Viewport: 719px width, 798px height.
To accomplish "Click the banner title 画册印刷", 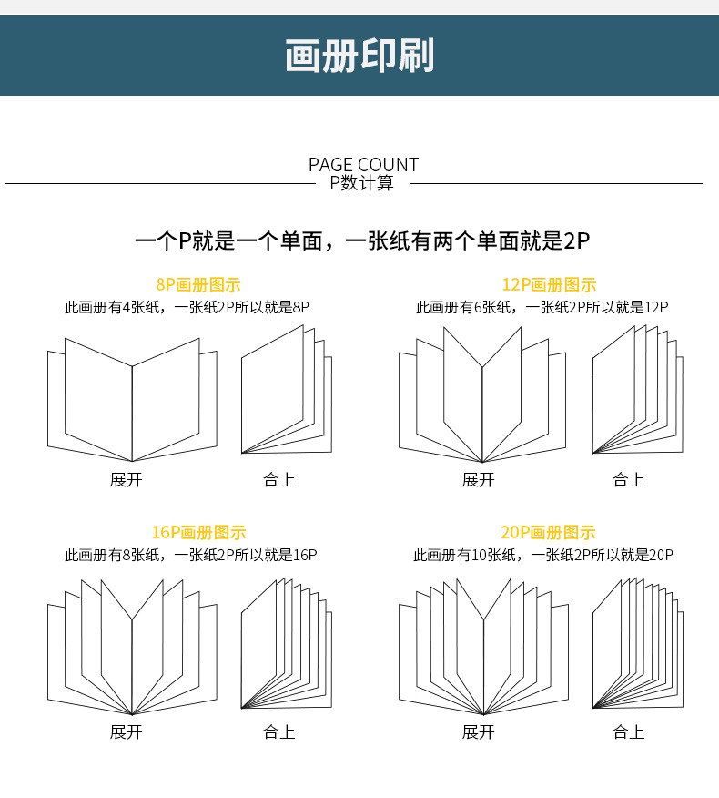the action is [359, 56].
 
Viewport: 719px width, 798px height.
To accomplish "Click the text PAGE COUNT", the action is [363, 165].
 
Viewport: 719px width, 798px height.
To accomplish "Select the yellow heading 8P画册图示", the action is [197, 285].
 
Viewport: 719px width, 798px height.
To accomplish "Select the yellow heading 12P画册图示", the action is [549, 285].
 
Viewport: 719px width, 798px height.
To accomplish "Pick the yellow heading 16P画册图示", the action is [198, 533].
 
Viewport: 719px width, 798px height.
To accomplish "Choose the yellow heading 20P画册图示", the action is [548, 533].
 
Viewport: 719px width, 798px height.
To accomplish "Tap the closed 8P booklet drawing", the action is [286, 392].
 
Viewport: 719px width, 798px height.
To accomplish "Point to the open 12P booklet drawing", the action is [482, 396].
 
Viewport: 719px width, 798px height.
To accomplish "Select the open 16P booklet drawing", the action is [132, 647].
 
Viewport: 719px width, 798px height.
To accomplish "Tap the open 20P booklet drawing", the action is [482, 647].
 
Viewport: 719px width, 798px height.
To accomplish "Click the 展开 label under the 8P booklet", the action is [127, 479].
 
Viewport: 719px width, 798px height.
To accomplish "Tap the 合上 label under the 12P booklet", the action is [628, 479].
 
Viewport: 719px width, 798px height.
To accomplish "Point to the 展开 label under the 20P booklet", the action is [478, 731].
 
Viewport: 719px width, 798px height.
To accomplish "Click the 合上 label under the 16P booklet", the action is [279, 731].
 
